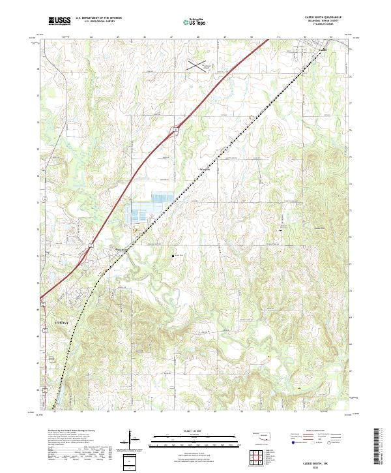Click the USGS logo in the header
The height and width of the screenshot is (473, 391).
pos(59,22)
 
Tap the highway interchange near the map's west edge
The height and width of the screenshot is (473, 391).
pos(92,246)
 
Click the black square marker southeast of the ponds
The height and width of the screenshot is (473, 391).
pos(173,255)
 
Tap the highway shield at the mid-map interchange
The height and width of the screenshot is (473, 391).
pos(174,130)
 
